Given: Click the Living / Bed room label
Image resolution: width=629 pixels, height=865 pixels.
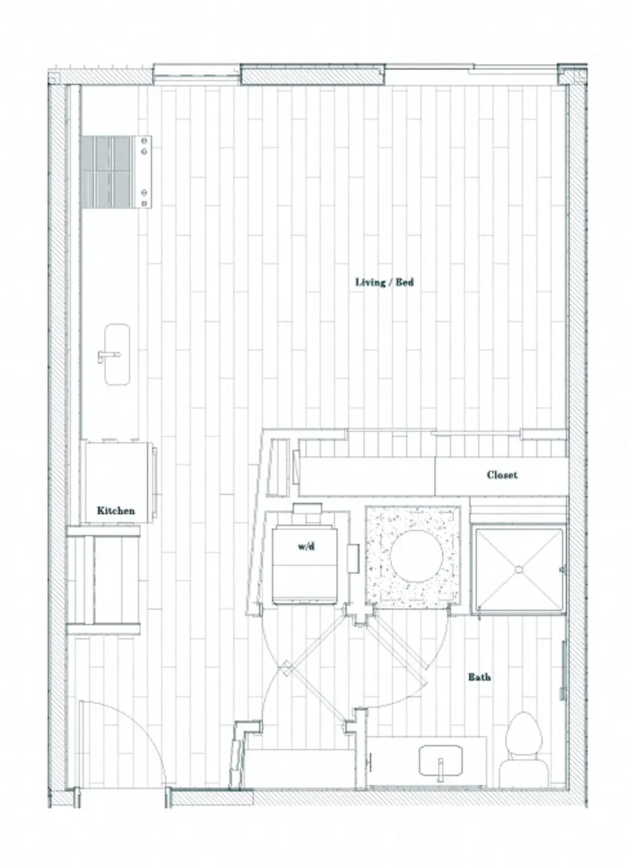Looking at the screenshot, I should pyautogui.click(x=384, y=282).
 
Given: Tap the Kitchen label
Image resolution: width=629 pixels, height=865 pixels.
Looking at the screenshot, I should pyautogui.click(x=116, y=510).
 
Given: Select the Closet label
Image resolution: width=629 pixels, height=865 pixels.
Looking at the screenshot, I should pyautogui.click(x=502, y=475).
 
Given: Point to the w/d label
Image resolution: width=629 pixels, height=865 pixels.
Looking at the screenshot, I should pyautogui.click(x=306, y=547).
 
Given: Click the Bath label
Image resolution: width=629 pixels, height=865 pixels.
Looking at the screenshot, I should pyautogui.click(x=480, y=677).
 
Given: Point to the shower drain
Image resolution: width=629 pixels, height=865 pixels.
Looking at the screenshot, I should pyautogui.click(x=517, y=569).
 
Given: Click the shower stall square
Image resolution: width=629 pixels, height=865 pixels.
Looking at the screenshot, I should pyautogui.click(x=517, y=570).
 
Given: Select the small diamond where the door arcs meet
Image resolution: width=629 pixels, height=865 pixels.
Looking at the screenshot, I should pyautogui.click(x=286, y=669).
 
